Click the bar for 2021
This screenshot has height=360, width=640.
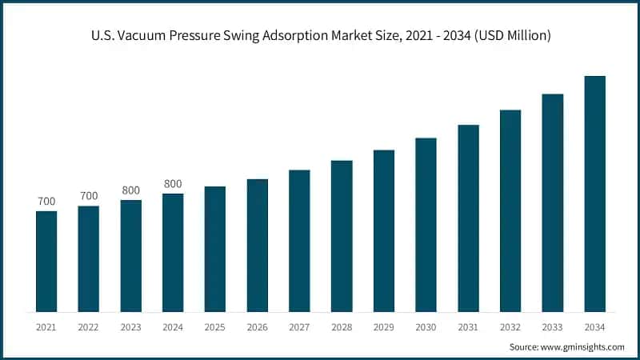click(x=46, y=261)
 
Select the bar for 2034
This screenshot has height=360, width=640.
click(x=594, y=194)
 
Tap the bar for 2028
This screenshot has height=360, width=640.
click(x=342, y=236)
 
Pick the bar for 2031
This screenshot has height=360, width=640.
click(x=468, y=218)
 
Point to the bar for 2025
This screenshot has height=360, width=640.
click(x=215, y=249)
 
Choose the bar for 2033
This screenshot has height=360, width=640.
click(x=553, y=202)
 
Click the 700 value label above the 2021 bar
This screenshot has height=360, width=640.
click(x=46, y=201)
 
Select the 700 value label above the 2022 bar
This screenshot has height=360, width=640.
click(x=89, y=196)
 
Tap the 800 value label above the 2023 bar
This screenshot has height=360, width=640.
click(x=131, y=190)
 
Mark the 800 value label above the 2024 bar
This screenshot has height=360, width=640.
click(x=173, y=184)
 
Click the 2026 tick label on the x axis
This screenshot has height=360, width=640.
click(x=258, y=327)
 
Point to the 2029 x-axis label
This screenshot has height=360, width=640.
click(x=384, y=327)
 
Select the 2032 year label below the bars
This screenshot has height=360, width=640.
click(x=510, y=327)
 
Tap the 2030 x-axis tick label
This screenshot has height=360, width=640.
click(x=426, y=327)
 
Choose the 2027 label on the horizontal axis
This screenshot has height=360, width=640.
click(x=299, y=327)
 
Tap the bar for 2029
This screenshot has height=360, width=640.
click(x=384, y=230)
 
